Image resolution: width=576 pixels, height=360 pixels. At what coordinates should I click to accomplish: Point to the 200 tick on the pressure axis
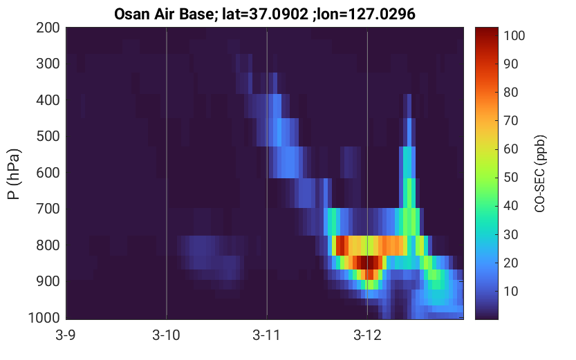pos(48,28)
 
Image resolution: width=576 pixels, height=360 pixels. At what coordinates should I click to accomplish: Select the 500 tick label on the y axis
pos(48,136)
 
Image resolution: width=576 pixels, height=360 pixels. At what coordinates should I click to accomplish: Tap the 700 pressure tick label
pos(48,209)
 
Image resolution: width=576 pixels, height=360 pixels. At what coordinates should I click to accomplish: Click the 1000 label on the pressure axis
pos(44,317)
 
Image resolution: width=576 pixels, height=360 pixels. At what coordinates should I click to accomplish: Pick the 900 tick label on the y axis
pos(48,281)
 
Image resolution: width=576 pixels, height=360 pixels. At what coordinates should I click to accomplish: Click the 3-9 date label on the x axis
pos(66,335)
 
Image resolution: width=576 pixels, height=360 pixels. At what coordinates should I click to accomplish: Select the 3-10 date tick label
pos(167,335)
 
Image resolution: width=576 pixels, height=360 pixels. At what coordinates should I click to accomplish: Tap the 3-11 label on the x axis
pos(266,335)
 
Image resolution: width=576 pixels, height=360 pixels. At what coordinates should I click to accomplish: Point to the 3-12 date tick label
pos(367,335)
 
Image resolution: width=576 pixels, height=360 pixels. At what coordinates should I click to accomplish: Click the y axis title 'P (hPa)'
pos(15,174)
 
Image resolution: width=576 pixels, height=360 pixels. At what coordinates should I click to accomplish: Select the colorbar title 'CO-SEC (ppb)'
pos(540,173)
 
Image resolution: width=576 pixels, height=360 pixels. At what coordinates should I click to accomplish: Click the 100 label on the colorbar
pos(514,36)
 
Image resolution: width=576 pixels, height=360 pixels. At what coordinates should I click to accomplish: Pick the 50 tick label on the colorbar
pos(510,178)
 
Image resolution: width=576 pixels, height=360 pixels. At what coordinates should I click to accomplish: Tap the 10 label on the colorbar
pos(510,291)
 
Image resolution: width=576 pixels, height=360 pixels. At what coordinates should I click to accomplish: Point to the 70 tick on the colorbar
pos(510,120)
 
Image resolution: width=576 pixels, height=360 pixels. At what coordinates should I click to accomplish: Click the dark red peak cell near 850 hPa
pos(367,263)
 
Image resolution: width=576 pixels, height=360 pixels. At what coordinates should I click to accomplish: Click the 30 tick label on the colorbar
pos(510,234)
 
